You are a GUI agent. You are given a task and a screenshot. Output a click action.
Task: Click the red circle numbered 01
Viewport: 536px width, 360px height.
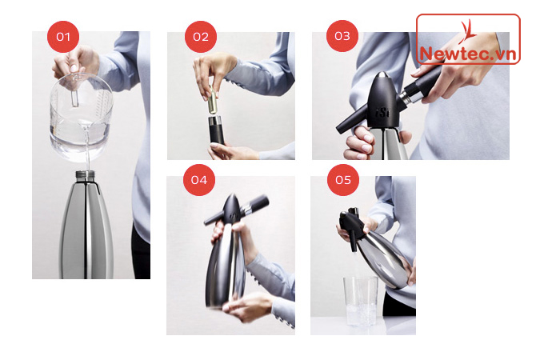click(x=63, y=37)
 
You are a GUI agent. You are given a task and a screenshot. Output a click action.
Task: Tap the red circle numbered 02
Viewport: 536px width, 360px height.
click(x=201, y=37)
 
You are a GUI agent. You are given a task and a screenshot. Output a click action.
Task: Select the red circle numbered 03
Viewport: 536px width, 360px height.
click(x=342, y=36)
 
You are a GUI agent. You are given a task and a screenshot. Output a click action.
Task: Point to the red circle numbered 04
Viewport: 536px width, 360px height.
click(x=199, y=180)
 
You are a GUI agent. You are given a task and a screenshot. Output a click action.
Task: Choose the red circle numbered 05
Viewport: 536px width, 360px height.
click(x=343, y=180)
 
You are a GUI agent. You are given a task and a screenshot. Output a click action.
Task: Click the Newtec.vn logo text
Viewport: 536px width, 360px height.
click(x=468, y=54)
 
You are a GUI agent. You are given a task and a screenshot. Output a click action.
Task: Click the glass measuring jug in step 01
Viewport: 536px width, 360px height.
click(x=81, y=116)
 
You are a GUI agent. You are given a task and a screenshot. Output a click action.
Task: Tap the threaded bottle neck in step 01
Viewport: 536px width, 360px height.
click(x=85, y=176)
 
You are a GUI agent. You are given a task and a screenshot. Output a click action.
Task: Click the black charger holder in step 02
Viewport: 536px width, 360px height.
click(x=216, y=130)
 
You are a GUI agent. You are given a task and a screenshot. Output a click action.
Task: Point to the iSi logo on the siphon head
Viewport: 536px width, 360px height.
click(x=382, y=111)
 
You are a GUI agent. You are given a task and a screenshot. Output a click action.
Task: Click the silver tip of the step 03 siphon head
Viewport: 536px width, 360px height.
click(x=383, y=75)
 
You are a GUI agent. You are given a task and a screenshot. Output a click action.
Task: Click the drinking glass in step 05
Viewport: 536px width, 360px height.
click(x=361, y=301)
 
